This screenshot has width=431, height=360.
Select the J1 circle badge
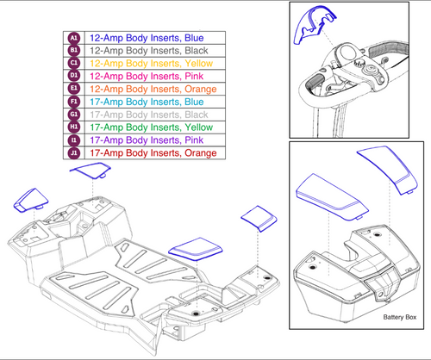point(73,153)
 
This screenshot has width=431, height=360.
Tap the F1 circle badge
point(73,102)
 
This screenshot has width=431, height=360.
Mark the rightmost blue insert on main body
point(256,217)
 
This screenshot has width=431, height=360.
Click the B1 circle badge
point(73,52)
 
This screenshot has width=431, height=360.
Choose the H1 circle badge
point(73,127)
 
